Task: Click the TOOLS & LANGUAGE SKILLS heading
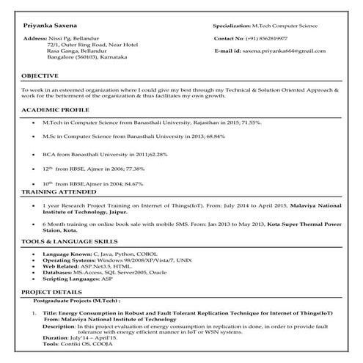tap(70, 241)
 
